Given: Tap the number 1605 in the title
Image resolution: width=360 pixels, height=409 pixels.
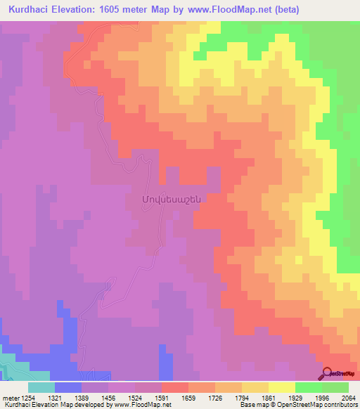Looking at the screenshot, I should tap(121, 10).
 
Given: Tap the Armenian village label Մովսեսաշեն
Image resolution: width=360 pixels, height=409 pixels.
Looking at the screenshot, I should tap(172, 199).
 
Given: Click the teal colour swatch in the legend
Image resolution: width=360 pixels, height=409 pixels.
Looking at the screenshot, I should tap(41, 387).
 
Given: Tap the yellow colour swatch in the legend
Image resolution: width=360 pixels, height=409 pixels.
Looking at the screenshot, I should tap(281, 387).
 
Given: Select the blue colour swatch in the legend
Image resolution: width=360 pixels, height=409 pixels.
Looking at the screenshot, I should tap(68, 387).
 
